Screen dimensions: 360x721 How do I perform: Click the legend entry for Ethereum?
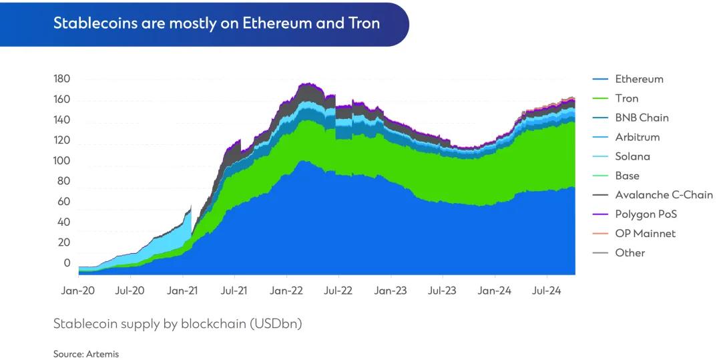point(639,79)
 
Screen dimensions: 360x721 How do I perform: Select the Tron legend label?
point(626,98)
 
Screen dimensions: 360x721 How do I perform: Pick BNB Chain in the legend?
point(642,118)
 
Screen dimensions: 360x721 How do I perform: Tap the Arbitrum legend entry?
point(637,137)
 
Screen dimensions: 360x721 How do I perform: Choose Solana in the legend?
point(632,156)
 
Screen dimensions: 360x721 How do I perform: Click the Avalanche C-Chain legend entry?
point(664,195)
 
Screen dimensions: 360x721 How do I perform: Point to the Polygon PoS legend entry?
point(646,214)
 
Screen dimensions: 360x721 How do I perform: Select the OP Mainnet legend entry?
point(645,234)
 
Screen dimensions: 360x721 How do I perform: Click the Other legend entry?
point(630,252)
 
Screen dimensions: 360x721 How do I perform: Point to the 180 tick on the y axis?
point(61,79)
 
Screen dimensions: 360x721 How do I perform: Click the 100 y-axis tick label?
point(61,161)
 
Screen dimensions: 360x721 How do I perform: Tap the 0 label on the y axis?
point(67,263)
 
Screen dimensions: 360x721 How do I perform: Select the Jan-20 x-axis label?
point(78,291)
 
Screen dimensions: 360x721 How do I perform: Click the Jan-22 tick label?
point(286,291)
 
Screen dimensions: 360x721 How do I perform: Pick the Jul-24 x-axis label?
point(547,291)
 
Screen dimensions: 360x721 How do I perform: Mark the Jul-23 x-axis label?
point(443,291)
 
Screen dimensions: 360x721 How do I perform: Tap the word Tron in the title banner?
point(364,23)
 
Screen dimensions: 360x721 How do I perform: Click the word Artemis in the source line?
point(102,354)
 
